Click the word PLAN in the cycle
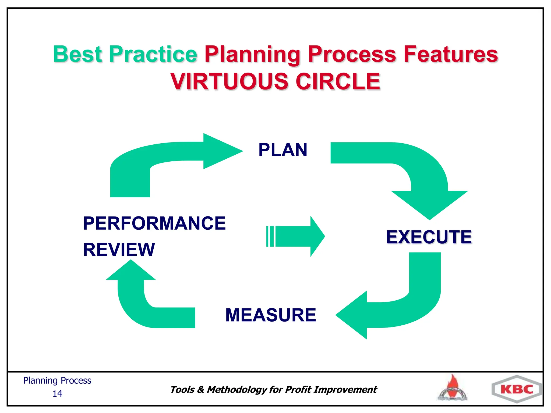click(283, 150)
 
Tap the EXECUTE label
click(429, 237)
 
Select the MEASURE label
click(271, 315)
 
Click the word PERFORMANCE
click(154, 223)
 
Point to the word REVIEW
click(119, 250)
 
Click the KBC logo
click(517, 389)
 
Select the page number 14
click(57, 394)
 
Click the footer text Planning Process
click(57, 380)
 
